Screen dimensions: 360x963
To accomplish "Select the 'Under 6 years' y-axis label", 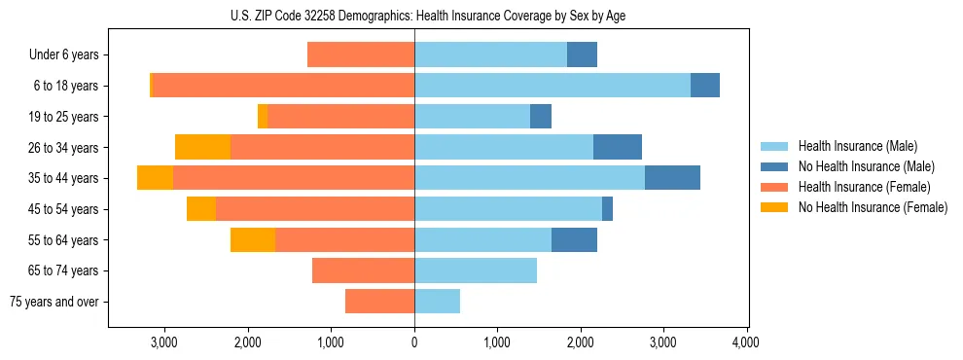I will coord(63,55).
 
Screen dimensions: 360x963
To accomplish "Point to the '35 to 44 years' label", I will coord(63,178).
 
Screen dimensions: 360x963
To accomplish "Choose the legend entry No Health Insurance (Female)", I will coord(873,207).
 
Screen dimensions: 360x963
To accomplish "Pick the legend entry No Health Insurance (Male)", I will coord(866,166).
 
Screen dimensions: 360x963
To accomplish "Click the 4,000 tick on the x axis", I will coord(746,342).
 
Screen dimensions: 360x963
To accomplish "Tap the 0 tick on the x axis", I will coord(414,342).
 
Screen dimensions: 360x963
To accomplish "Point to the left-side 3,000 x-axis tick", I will coord(164,342).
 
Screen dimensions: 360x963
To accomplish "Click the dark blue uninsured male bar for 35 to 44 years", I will coord(672,178).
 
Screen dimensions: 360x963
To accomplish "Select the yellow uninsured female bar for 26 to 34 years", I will coord(202,147).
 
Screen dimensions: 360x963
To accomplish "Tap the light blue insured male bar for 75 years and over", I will coord(437,302).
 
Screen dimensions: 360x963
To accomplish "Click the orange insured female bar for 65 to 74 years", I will coord(363,270).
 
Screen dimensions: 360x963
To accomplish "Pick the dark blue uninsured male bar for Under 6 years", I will coord(582,55).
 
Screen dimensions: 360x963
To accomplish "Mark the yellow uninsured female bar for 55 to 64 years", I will coord(253,239).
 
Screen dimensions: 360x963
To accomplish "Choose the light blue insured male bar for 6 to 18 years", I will coord(552,86).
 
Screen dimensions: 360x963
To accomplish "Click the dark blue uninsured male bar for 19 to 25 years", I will coord(541,117).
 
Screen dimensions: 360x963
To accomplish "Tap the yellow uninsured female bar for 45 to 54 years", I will coord(201,209).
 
